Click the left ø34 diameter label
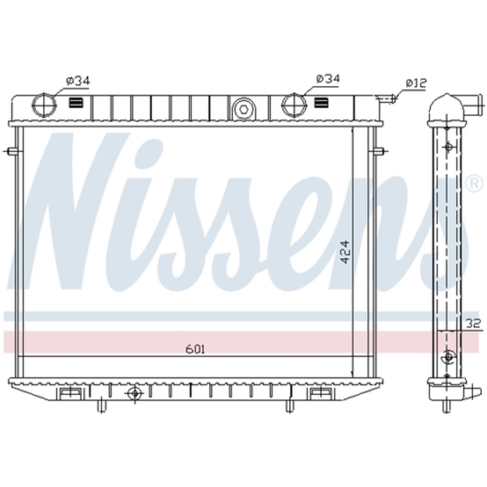coord(77,81)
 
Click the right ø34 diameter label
coord(328,79)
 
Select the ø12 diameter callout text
coord(416,83)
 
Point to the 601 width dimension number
coord(195,349)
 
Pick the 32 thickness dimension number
coord(474,324)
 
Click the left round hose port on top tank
coord(44,105)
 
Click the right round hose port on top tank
coord(294,105)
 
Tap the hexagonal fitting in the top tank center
coord(244,109)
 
